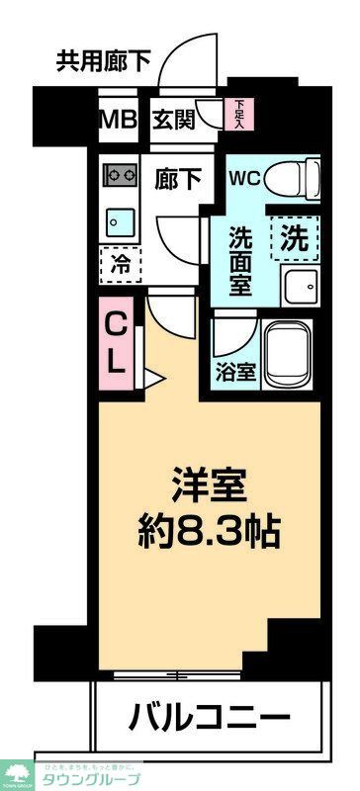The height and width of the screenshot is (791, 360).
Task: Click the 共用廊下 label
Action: coord(102,62)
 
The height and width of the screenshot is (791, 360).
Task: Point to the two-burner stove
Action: coord(120,176)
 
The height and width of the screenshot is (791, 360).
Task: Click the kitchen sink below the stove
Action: coord(120,219)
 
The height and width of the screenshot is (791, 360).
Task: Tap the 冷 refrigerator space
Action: coord(120,264)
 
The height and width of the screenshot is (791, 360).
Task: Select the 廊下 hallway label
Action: coord(178,180)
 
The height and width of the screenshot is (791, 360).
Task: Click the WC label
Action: coord(244,179)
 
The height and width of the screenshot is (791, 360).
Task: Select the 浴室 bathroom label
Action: coord(234,375)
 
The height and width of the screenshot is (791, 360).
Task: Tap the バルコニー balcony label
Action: coord(209,717)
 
